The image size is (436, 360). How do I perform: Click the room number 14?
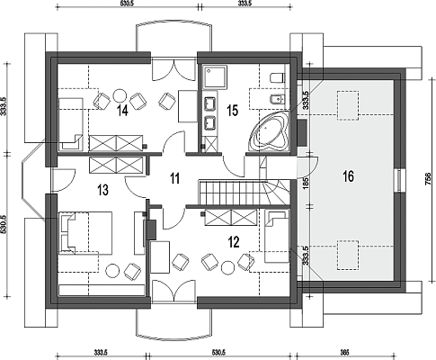click(123, 111)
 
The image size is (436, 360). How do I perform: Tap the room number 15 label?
click(233, 111)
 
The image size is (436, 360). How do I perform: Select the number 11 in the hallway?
click(174, 178)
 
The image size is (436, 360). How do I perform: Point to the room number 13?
click(102, 190)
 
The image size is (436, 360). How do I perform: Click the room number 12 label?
click(234, 242)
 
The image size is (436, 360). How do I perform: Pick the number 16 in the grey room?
click(348, 176)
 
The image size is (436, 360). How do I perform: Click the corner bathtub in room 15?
click(270, 132)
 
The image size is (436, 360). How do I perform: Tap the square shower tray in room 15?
click(215, 76)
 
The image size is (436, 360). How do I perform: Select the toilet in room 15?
click(276, 77)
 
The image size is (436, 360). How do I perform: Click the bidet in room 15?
click(277, 99)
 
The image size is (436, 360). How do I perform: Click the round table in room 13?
click(113, 271)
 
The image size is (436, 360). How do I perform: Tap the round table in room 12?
click(227, 267)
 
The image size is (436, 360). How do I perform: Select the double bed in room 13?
click(85, 233)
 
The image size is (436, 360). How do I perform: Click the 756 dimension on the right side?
click(428, 179)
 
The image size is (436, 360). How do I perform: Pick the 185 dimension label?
click(306, 183)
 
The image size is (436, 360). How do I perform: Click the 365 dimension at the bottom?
click(345, 352)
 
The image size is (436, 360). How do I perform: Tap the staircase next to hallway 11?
click(245, 193)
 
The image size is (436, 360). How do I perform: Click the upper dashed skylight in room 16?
click(348, 106)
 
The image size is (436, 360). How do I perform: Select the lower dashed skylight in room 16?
click(348, 255)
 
